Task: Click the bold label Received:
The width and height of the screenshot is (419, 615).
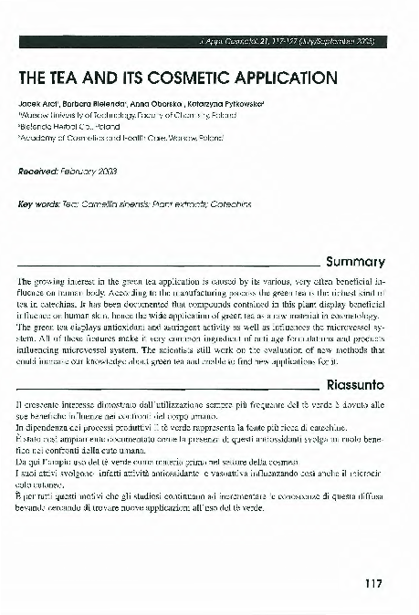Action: [x=38, y=171]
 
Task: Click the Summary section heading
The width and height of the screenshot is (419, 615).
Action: [x=361, y=260]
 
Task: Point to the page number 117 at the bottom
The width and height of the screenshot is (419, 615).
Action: [x=372, y=583]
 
